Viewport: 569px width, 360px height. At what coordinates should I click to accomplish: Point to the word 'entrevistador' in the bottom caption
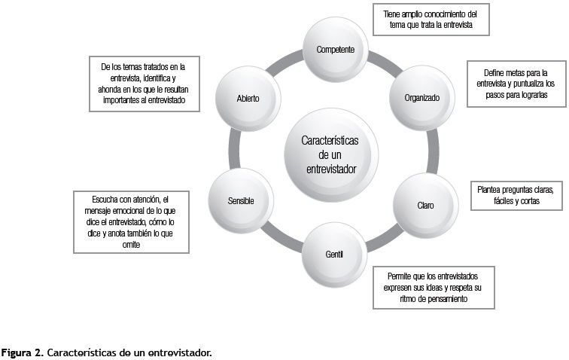181,352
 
